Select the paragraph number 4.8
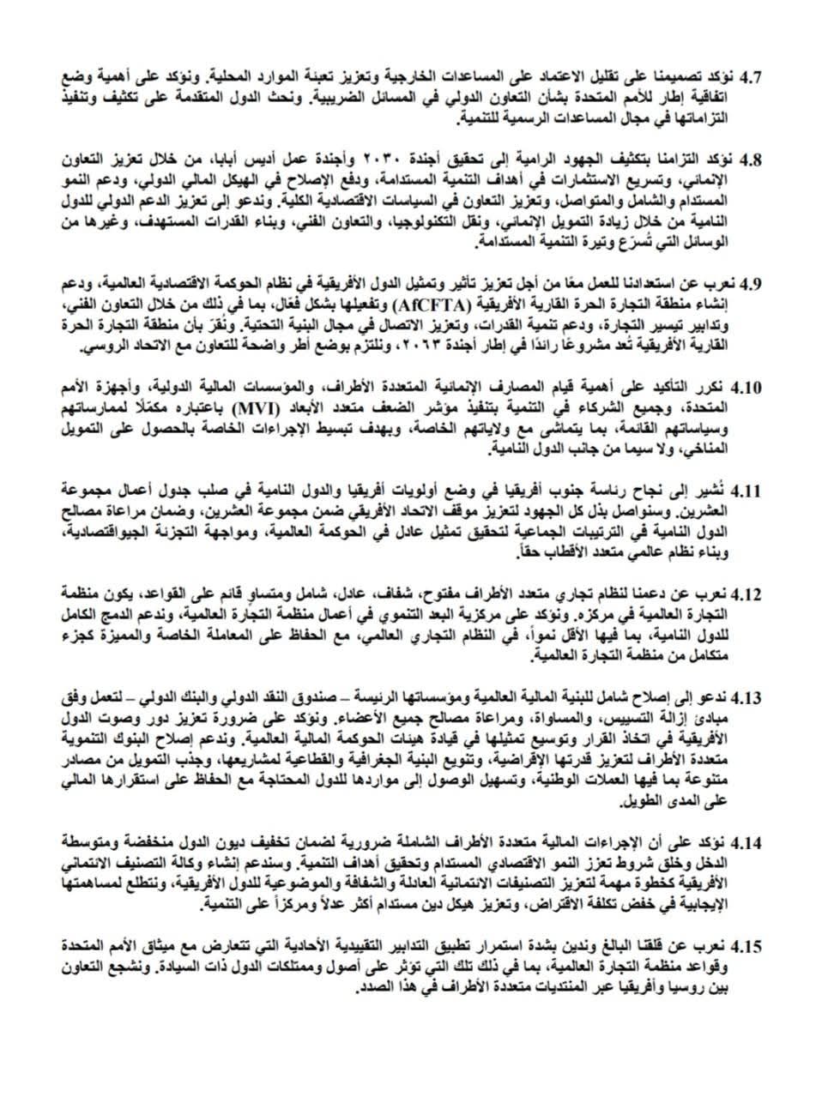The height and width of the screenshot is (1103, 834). coord(751,160)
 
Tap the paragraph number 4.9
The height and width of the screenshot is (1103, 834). coord(751,284)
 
